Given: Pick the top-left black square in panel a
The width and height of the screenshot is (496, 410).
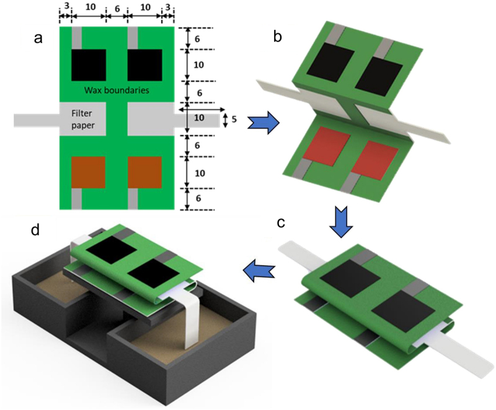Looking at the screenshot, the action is (89, 65).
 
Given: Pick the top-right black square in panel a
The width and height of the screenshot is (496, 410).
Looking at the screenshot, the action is (144, 65).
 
